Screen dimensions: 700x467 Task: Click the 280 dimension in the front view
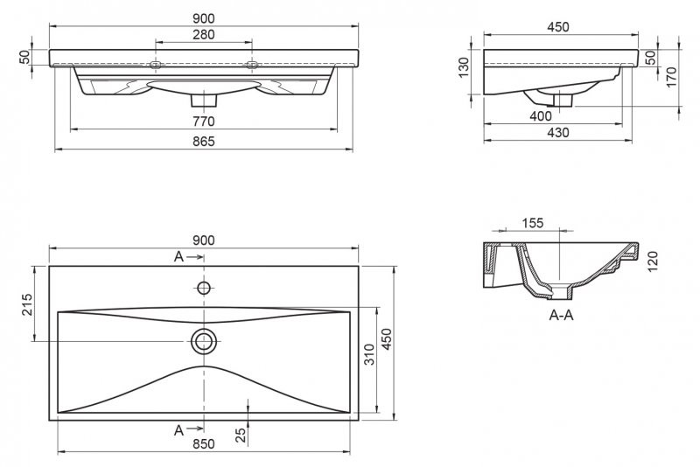[x=204, y=34]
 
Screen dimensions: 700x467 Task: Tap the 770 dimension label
[x=204, y=122]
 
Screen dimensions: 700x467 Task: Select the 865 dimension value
[x=204, y=142]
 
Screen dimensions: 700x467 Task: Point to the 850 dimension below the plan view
[x=204, y=444]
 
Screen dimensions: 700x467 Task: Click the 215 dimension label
[x=28, y=304]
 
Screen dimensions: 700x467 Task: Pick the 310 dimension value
[x=369, y=354]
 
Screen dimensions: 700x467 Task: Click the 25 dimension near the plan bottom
[x=241, y=435]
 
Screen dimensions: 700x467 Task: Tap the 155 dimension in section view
[x=532, y=223]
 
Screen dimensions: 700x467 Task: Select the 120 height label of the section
[x=653, y=261]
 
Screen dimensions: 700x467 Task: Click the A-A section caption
[x=561, y=316]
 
